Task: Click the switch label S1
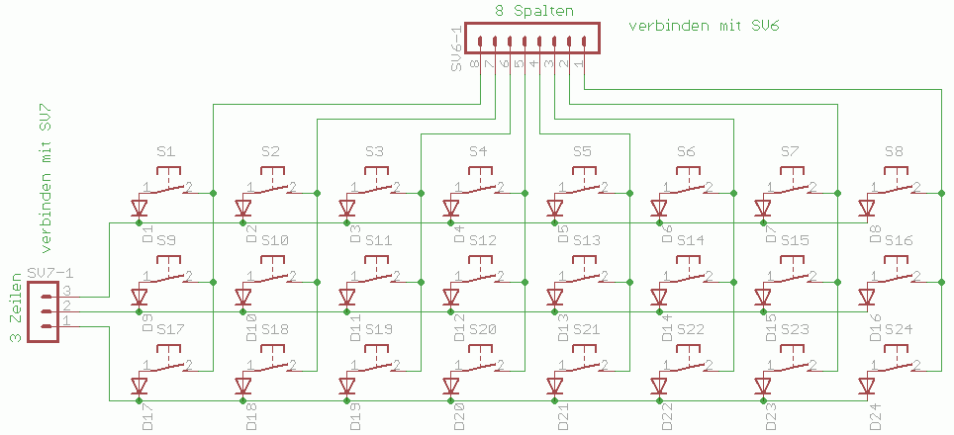pyautogui.click(x=166, y=151)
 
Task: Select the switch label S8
pyautogui.click(x=894, y=151)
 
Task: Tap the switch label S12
pyautogui.click(x=483, y=240)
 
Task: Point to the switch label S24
pyautogui.click(x=899, y=329)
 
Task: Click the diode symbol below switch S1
pyautogui.click(x=140, y=209)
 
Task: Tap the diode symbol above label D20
pyautogui.click(x=451, y=386)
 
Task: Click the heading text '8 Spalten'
pyautogui.click(x=534, y=11)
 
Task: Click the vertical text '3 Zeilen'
pyautogui.click(x=16, y=309)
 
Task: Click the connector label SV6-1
pyautogui.click(x=456, y=50)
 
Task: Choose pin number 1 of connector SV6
pyautogui.click(x=578, y=63)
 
